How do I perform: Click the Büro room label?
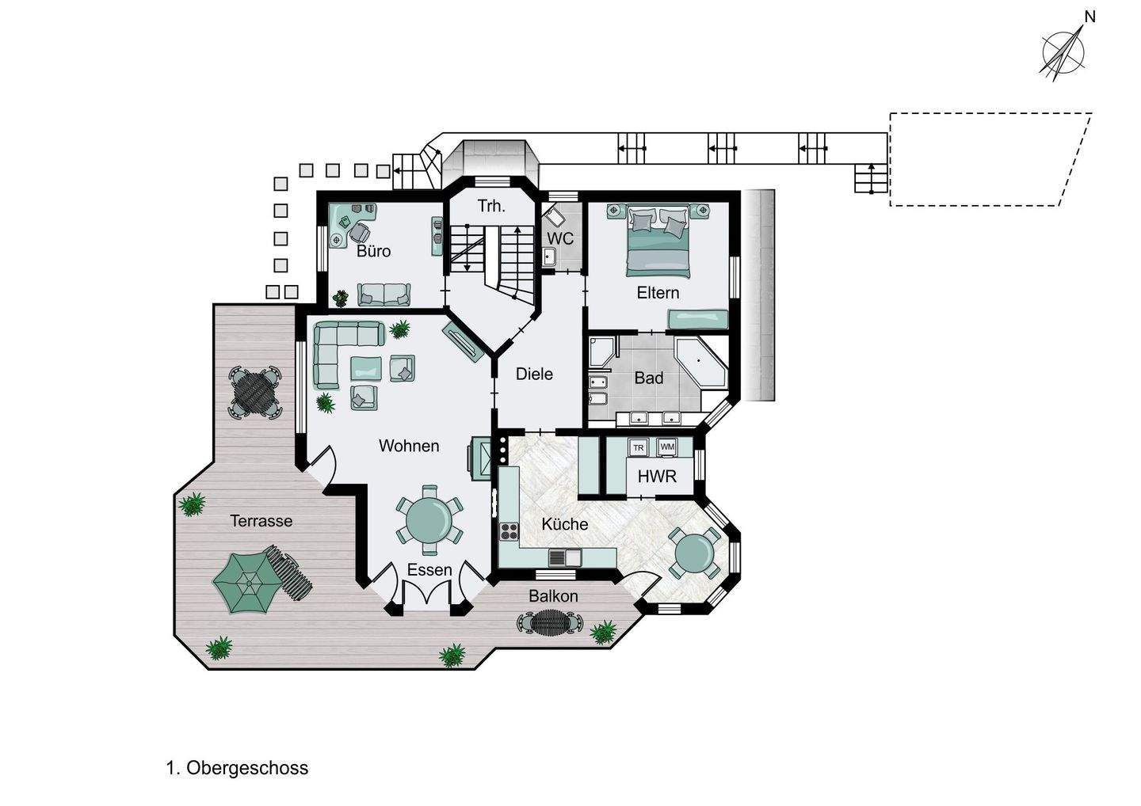[373, 251]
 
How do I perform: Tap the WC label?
[560, 238]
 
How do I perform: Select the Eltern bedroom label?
[658, 293]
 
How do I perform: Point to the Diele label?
[534, 374]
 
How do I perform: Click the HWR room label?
[657, 477]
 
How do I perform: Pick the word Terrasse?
[261, 520]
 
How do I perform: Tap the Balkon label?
[553, 596]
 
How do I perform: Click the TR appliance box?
[639, 448]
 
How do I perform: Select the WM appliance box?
[667, 447]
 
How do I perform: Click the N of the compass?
[1089, 17]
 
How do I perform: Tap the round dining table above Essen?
[429, 520]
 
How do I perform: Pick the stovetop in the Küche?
[509, 531]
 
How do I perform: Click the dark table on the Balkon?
[549, 622]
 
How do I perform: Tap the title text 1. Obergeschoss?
[238, 768]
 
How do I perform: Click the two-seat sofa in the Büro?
[384, 294]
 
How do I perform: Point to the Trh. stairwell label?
[491, 206]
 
